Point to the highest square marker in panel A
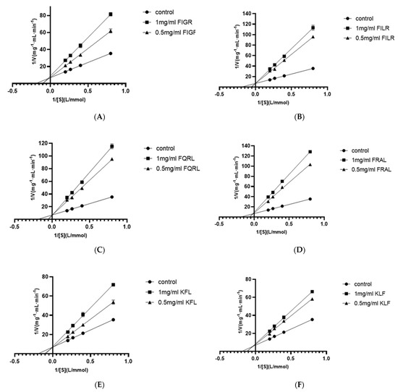click(x=111, y=14)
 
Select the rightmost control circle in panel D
click(x=310, y=199)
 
